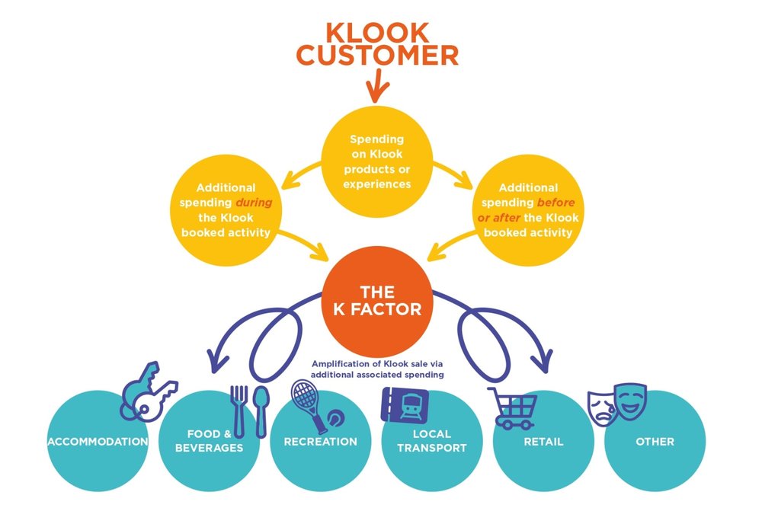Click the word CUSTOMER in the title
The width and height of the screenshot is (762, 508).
click(377, 56)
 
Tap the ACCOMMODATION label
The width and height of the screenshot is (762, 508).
click(97, 442)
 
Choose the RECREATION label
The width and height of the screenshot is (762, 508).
click(320, 442)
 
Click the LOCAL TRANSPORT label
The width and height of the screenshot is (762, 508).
click(431, 442)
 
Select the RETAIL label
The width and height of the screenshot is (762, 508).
click(543, 442)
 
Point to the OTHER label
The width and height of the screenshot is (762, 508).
click(655, 442)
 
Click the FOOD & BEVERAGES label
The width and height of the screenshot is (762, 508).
click(209, 442)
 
